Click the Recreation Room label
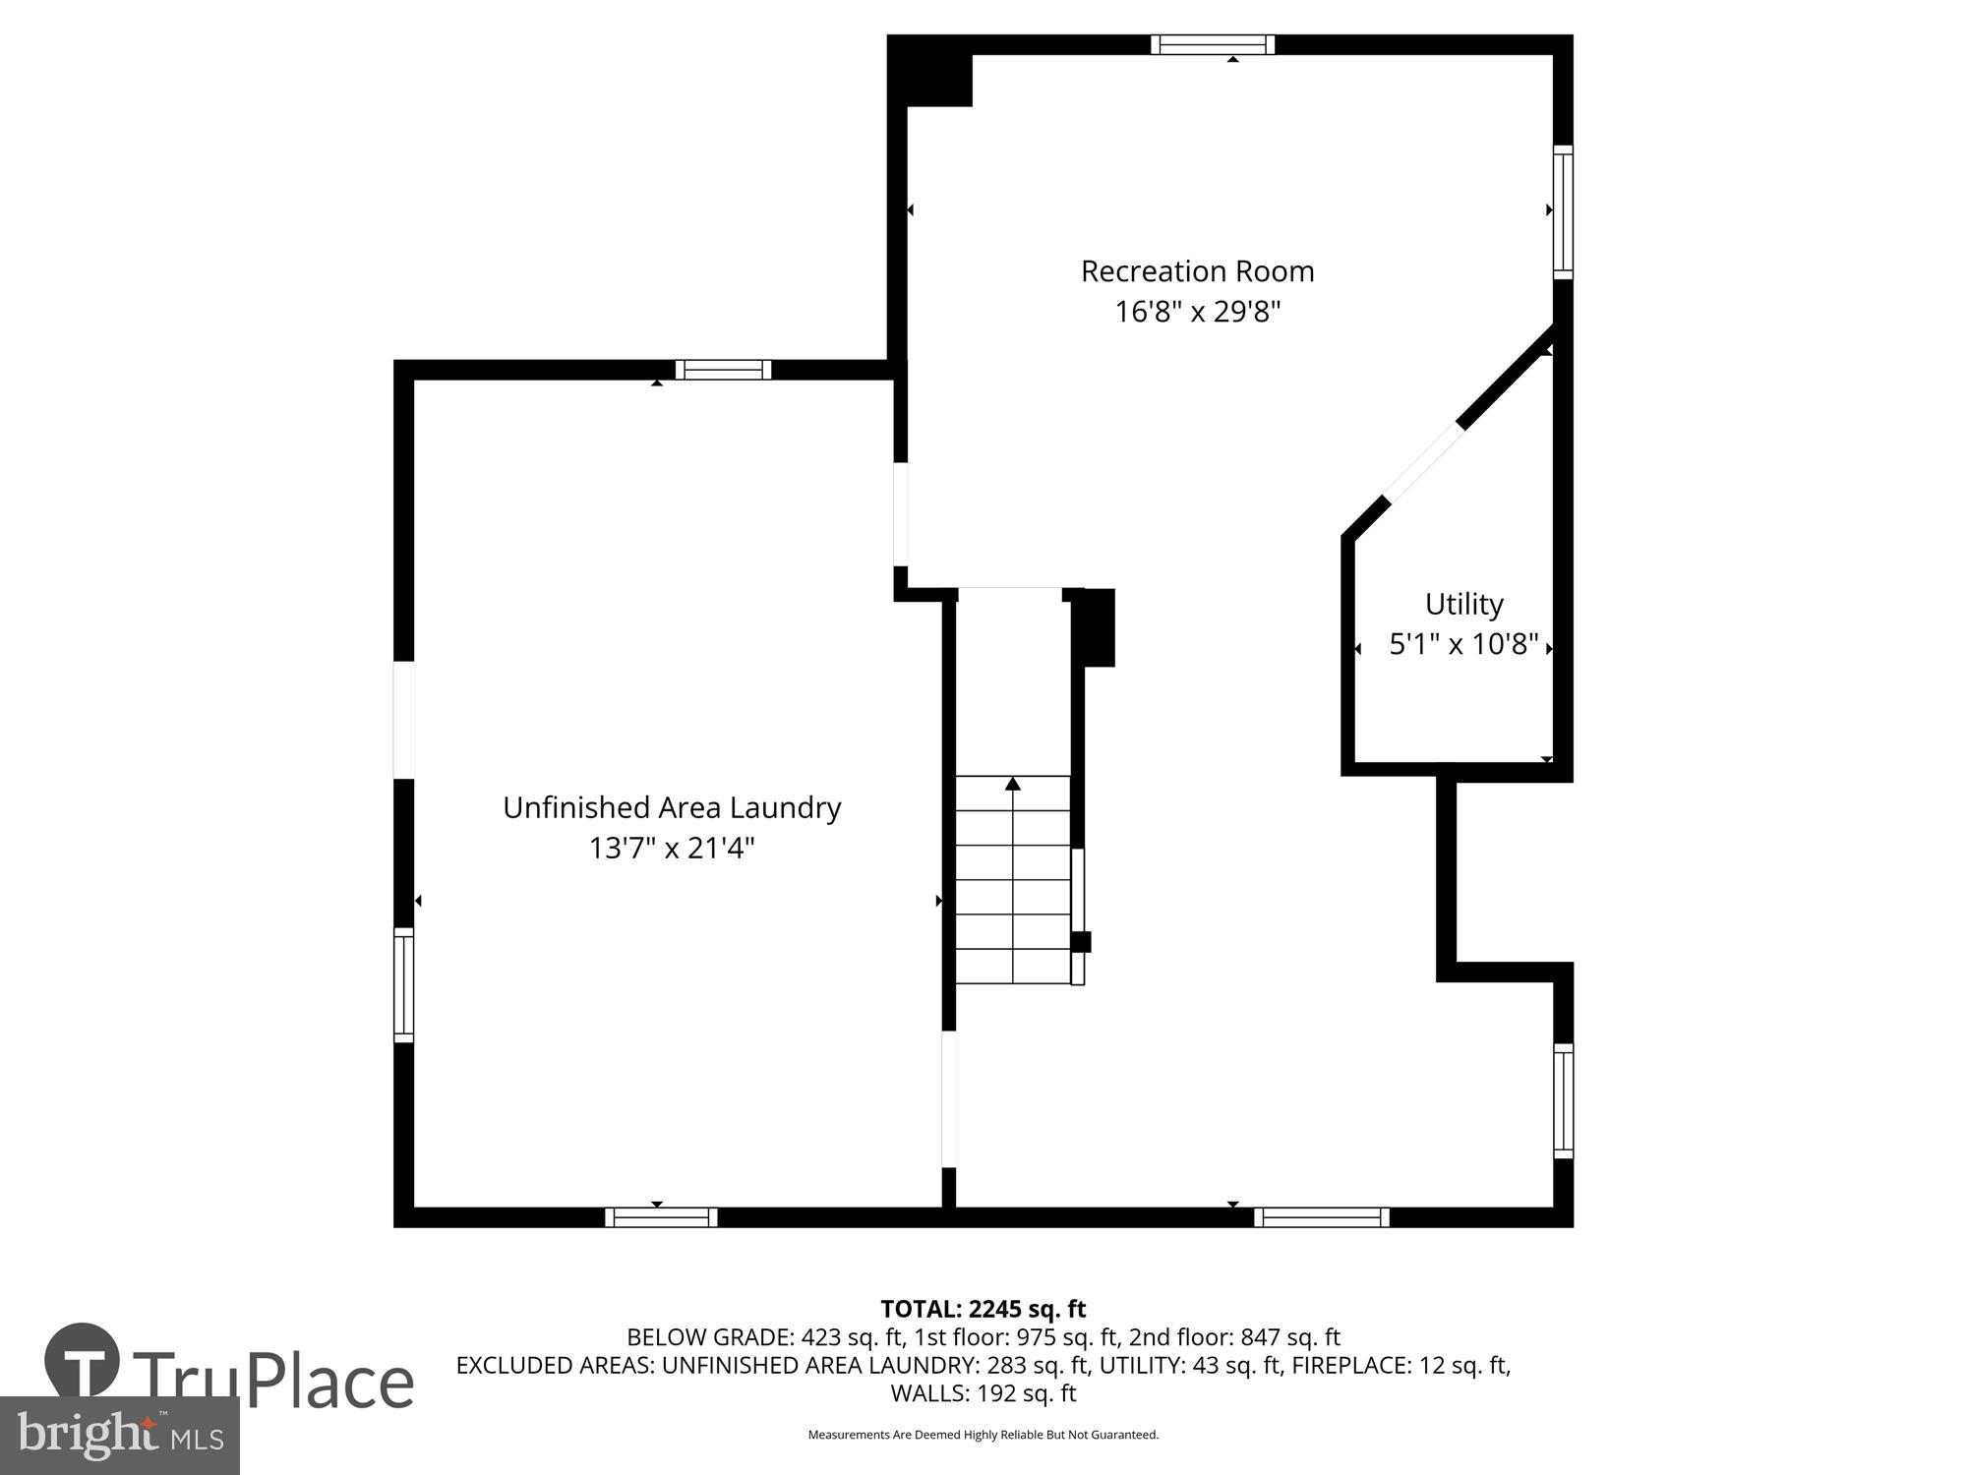(x=1197, y=271)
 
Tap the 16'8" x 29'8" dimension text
(x=1197, y=313)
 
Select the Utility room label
(x=1463, y=604)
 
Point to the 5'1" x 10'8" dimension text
(x=1463, y=645)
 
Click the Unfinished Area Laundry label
(x=672, y=808)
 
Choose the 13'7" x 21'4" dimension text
(x=672, y=849)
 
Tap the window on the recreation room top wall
(x=1213, y=44)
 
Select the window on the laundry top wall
(x=723, y=370)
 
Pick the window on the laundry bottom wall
(x=661, y=1217)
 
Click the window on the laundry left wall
(x=403, y=984)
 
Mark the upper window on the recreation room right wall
(x=1563, y=211)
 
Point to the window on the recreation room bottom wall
(x=1321, y=1217)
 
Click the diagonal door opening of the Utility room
(x=1423, y=462)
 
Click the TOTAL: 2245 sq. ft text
(x=983, y=1309)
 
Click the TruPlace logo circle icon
(x=82, y=1361)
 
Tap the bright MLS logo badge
(x=119, y=1436)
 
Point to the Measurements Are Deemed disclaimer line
(x=983, y=1435)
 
